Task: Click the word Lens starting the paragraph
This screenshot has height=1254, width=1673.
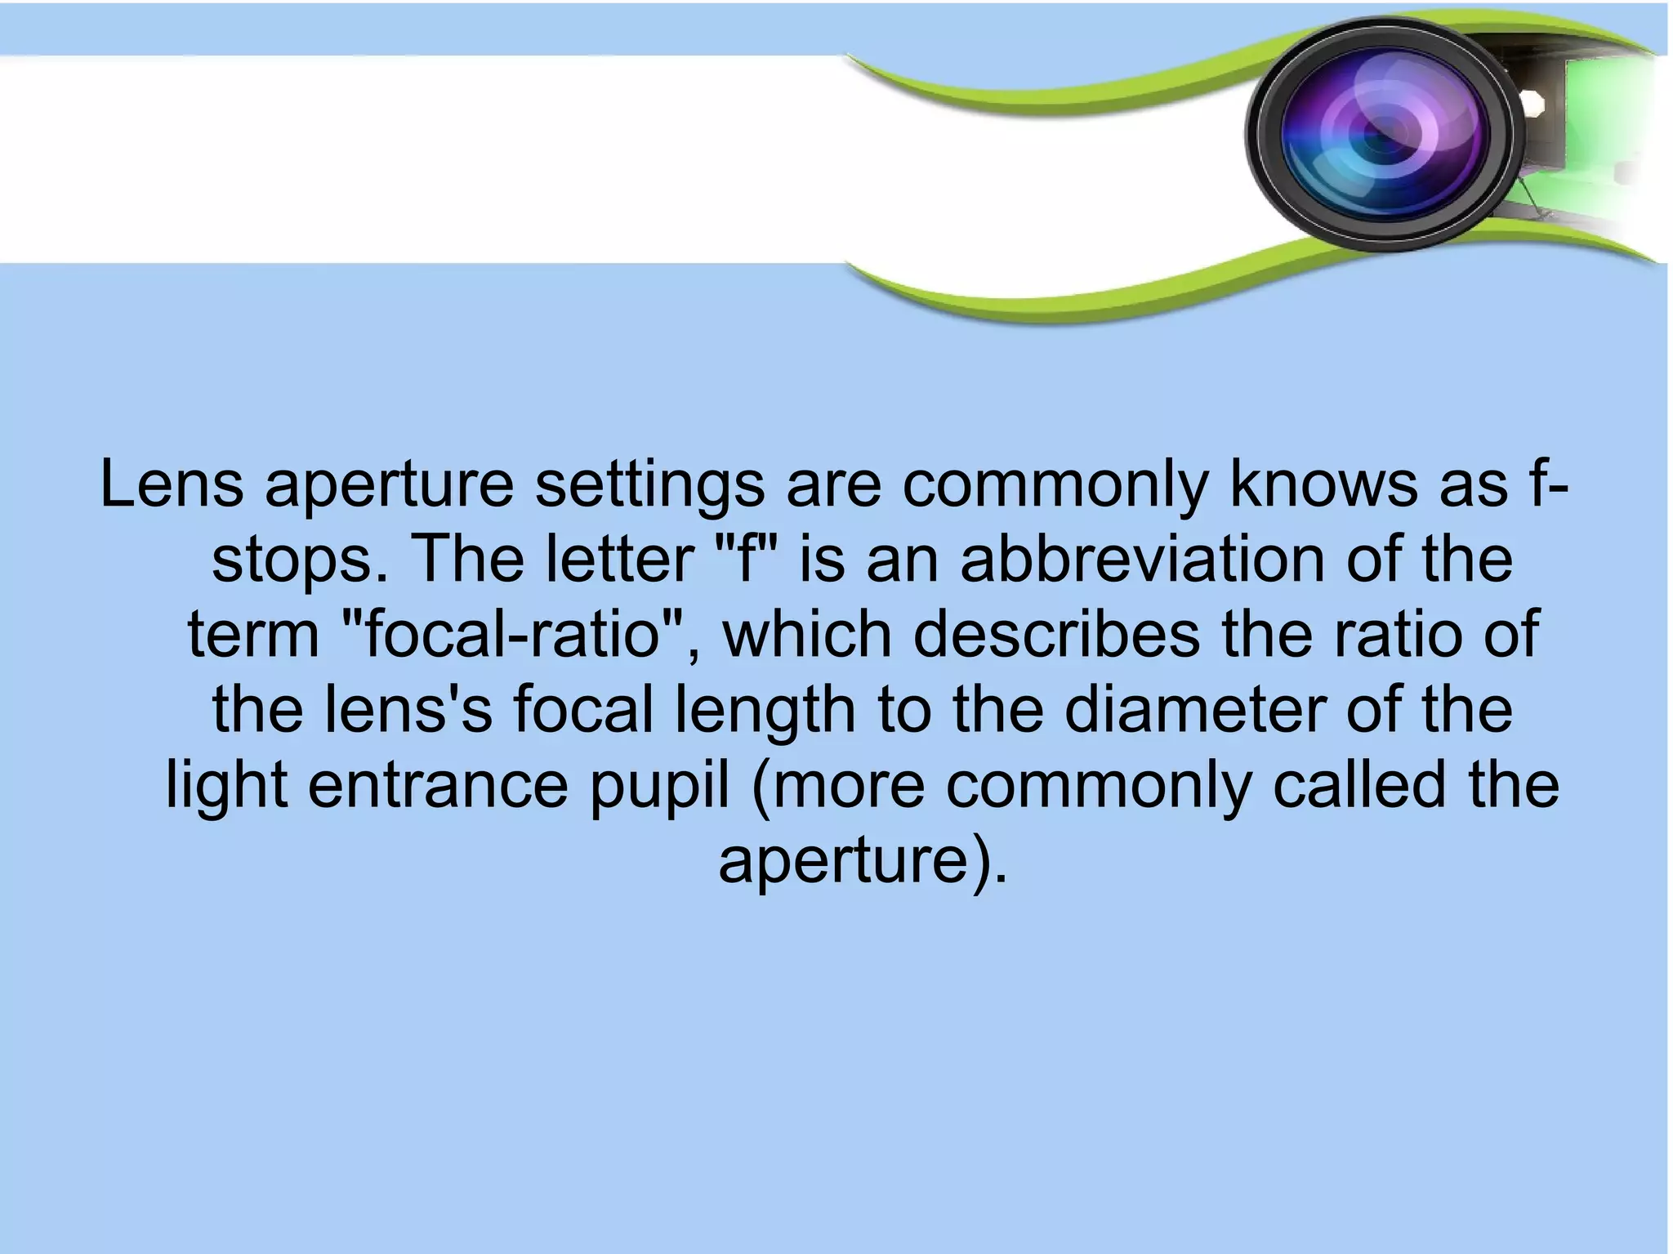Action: coord(172,484)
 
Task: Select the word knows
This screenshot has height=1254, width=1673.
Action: coord(1323,484)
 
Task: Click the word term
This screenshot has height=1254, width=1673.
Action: coord(253,635)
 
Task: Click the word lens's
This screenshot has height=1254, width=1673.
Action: coord(408,709)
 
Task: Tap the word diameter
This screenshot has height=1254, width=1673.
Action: coord(1193,709)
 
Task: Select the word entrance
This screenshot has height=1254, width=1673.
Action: coord(437,785)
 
